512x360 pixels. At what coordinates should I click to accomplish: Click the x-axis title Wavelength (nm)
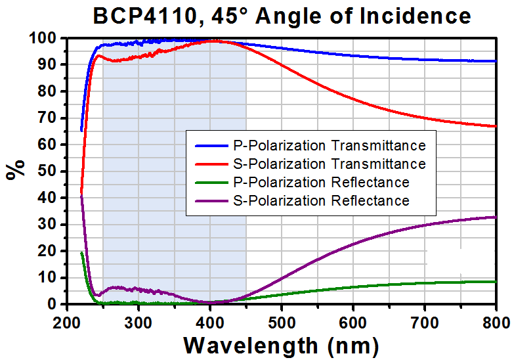click(x=281, y=344)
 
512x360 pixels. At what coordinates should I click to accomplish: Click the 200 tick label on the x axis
click(x=67, y=322)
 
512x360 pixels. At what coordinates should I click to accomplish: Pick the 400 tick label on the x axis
click(x=210, y=322)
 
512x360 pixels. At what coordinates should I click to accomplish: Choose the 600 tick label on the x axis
click(x=353, y=322)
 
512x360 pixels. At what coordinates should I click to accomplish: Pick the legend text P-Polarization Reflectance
click(x=320, y=182)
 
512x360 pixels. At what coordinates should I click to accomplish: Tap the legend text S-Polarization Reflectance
click(x=320, y=200)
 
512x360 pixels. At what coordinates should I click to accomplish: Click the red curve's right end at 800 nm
click(x=496, y=126)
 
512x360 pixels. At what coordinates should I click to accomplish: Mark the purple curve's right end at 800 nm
click(x=496, y=217)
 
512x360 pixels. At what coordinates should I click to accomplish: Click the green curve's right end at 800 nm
click(x=496, y=281)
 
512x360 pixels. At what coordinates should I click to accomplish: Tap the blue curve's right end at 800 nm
click(x=496, y=61)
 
